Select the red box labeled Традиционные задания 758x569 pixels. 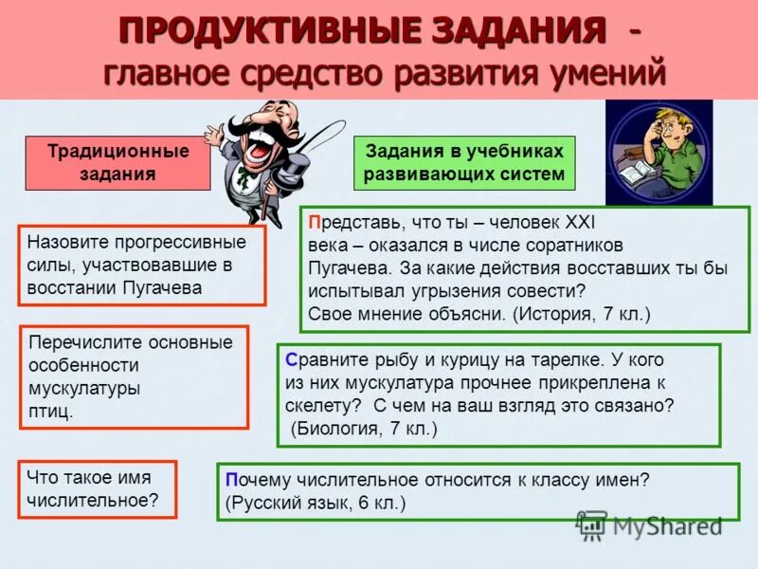[x=118, y=162]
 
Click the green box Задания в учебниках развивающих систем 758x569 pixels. [x=464, y=162]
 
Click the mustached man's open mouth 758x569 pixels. [x=258, y=147]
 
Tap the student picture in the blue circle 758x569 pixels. [x=659, y=152]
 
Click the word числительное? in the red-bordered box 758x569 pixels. [x=92, y=500]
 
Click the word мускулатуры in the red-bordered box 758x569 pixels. [x=84, y=388]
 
